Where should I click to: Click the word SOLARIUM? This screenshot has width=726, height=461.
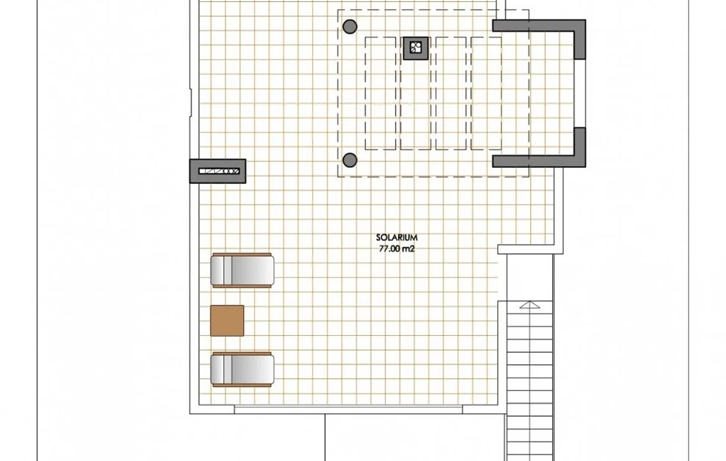pyautogui.click(x=397, y=238)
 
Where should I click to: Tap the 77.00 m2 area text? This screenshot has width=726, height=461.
pyautogui.click(x=397, y=249)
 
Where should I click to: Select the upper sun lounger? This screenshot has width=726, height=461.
pyautogui.click(x=242, y=270)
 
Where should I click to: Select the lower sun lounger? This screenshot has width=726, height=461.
pyautogui.click(x=242, y=369)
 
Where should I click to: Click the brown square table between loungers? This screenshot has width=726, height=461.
pyautogui.click(x=227, y=320)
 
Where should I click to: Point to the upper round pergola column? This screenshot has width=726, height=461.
pyautogui.click(x=350, y=27)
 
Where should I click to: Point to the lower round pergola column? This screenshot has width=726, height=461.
pyautogui.click(x=350, y=160)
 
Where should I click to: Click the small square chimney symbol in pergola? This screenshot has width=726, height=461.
pyautogui.click(x=416, y=47)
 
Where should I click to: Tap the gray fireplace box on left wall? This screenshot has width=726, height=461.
pyautogui.click(x=218, y=171)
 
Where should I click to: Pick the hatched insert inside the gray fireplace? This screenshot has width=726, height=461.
pyautogui.click(x=219, y=171)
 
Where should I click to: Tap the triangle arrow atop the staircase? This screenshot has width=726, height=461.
pyautogui.click(x=529, y=305)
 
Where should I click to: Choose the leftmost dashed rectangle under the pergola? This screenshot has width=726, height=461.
pyautogui.click(x=381, y=93)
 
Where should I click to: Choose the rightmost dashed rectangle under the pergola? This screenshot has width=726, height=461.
pyautogui.click(x=487, y=93)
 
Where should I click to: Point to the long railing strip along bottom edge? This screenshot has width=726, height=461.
pyautogui.click(x=349, y=410)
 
